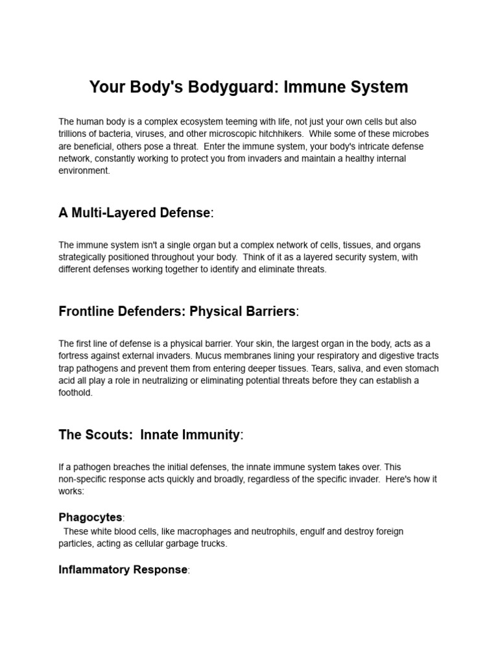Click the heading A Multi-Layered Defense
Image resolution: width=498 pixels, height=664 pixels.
click(134, 213)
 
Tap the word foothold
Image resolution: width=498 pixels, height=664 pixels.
click(75, 393)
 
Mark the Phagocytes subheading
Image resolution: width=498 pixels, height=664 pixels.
click(90, 517)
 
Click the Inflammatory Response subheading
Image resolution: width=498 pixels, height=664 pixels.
click(123, 570)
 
